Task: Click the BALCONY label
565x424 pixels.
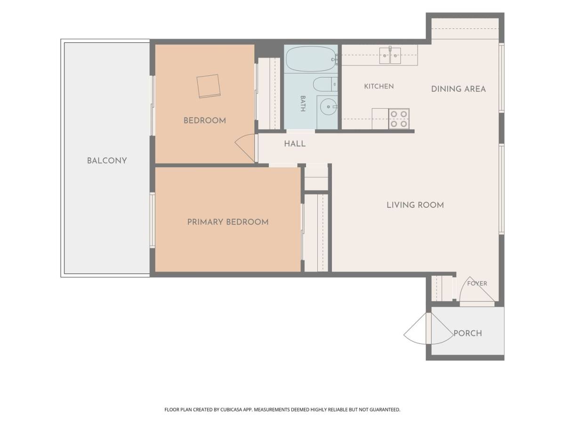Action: click(107, 161)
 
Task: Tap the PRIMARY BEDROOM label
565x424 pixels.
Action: click(228, 222)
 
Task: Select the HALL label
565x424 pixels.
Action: click(295, 144)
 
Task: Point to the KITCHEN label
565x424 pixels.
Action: click(379, 86)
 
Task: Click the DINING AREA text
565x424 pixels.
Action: click(459, 89)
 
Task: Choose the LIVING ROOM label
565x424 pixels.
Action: click(415, 205)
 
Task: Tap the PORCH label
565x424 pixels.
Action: click(468, 334)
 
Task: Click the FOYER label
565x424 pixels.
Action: click(477, 284)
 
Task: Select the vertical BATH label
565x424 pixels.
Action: click(303, 104)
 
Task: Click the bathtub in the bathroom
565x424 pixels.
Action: click(311, 59)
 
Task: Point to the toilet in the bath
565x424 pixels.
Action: click(325, 84)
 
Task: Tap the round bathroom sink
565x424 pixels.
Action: click(328, 106)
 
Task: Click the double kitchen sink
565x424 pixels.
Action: click(390, 56)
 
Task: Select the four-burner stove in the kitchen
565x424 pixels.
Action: click(399, 119)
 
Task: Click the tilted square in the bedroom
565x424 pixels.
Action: click(209, 86)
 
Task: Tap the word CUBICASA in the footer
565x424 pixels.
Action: click(231, 409)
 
